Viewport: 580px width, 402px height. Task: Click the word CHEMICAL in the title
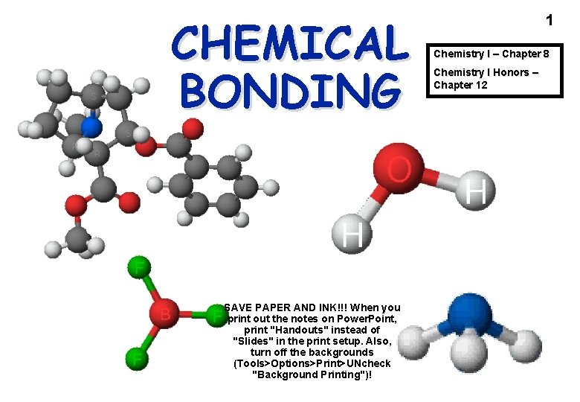(x=289, y=44)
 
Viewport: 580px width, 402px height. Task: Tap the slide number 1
(x=550, y=20)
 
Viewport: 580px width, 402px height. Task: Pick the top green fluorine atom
(x=139, y=269)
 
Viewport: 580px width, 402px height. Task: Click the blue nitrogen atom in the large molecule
(x=91, y=127)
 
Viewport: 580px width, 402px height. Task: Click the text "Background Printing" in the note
(x=310, y=374)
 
